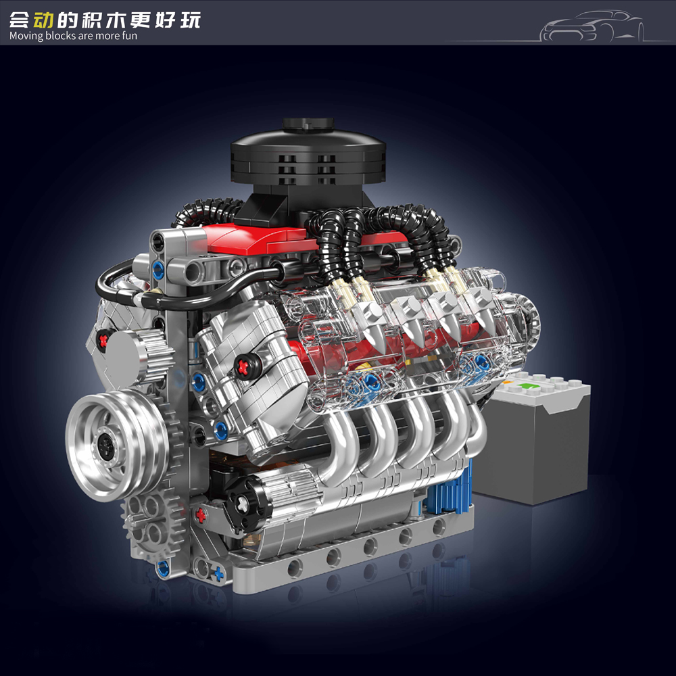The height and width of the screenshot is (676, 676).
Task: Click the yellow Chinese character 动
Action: click(x=45, y=20)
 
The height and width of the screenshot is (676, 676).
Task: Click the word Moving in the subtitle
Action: click(x=26, y=36)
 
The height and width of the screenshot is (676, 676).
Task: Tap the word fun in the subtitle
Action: click(x=129, y=36)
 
